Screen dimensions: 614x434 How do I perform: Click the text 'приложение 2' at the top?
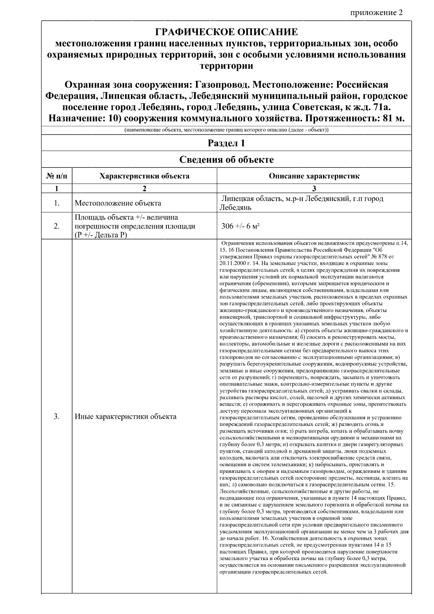click(376, 13)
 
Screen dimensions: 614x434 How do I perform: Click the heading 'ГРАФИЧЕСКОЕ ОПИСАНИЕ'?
click(226, 32)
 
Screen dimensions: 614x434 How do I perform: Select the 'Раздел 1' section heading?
click(226, 143)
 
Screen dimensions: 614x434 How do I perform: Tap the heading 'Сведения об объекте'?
click(226, 159)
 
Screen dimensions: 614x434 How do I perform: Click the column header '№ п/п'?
click(57, 176)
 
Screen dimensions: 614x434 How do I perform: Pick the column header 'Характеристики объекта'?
click(144, 176)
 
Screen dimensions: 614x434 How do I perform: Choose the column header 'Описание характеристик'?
click(314, 176)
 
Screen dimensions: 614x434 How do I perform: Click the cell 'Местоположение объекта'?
click(118, 203)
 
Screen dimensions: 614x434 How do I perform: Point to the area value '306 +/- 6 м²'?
click(241, 226)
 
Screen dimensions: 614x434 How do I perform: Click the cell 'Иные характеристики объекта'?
click(125, 416)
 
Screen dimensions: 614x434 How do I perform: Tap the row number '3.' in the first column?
click(57, 416)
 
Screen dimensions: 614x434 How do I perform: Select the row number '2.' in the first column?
click(57, 226)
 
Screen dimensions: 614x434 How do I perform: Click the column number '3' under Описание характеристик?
click(314, 188)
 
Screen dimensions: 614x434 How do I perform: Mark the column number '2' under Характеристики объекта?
click(144, 188)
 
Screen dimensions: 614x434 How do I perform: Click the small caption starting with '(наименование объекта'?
click(226, 130)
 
